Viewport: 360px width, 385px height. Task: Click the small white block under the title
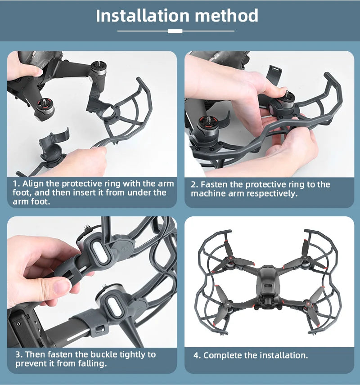pyautogui.click(x=175, y=31)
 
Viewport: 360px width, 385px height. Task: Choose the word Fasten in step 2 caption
pyautogui.click(x=214, y=184)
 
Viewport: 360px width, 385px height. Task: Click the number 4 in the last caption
pyautogui.click(x=196, y=355)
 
